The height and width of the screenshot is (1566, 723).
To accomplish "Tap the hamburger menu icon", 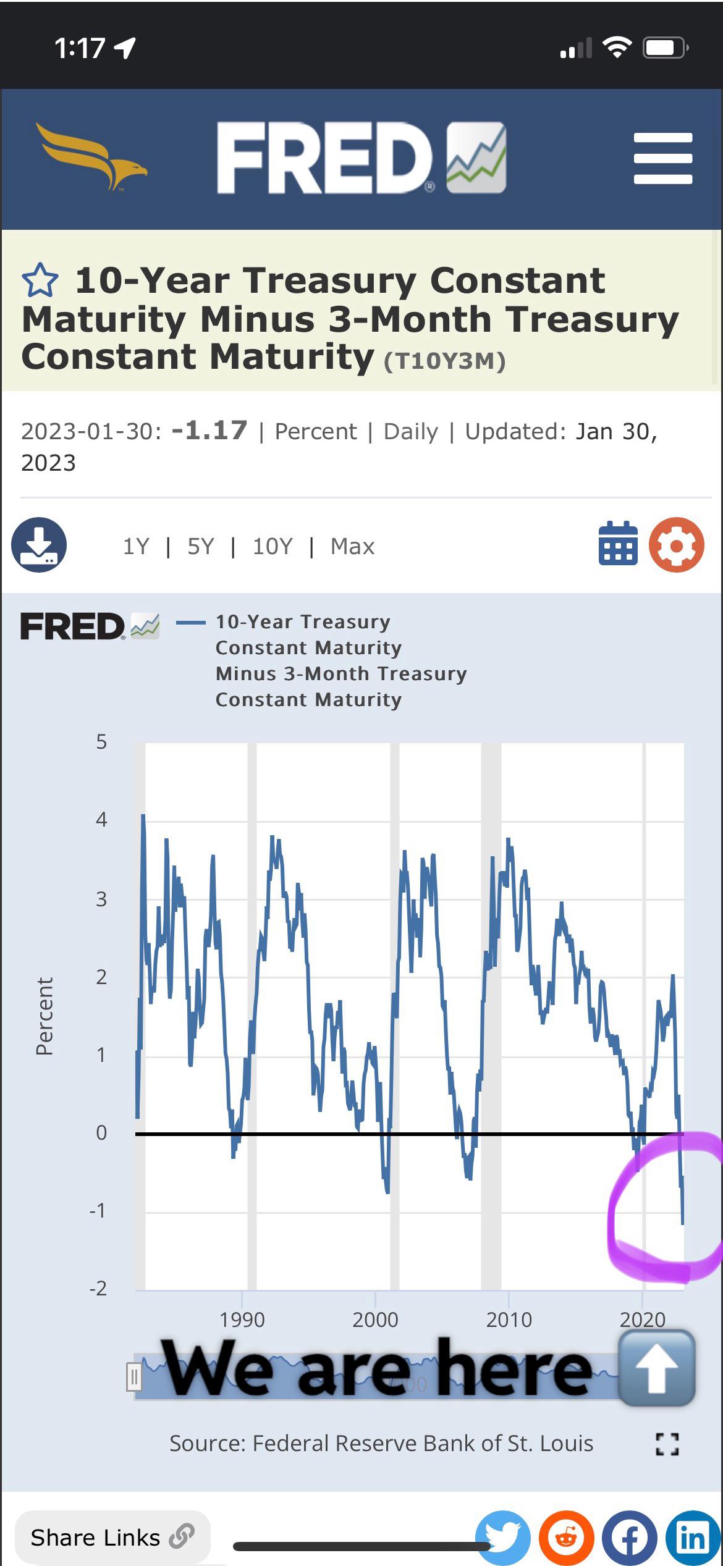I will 662,158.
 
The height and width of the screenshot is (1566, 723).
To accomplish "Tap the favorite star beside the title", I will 40,281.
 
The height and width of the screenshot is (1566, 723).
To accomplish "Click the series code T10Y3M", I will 445,361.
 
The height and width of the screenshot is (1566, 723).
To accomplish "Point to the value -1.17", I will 209,431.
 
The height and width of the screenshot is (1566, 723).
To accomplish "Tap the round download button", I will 39,544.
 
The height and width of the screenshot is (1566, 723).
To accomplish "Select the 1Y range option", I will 136,547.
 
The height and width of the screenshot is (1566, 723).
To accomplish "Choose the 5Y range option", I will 201,547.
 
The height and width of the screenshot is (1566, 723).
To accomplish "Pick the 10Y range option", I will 272,547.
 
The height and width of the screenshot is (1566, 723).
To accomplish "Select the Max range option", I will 352,547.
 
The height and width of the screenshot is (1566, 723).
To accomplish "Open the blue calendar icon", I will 618,544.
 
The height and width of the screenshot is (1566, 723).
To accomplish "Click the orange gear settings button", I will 676,544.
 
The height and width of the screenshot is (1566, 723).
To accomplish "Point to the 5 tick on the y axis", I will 101,742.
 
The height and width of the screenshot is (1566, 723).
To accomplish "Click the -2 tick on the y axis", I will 98,1288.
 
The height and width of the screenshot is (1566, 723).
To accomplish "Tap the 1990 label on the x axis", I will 242,1320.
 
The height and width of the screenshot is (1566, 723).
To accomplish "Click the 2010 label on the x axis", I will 509,1320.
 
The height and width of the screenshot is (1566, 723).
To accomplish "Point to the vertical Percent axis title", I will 44,1016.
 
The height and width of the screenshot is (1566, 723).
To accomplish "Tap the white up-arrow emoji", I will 656,1368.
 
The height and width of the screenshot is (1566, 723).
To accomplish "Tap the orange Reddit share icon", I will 566,1538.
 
